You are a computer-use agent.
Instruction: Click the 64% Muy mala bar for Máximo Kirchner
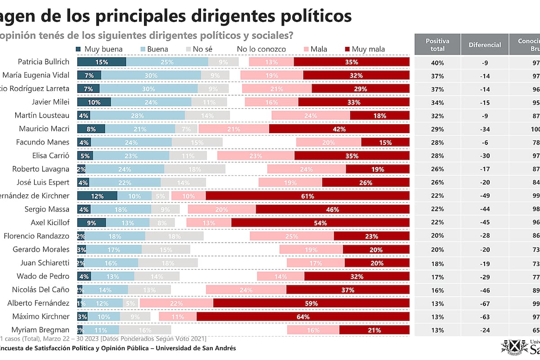303,317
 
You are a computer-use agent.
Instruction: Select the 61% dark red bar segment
307,196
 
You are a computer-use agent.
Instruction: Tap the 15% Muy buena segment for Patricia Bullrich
102,62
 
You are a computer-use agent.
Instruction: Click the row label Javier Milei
51,102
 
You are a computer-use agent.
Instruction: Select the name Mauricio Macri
44,129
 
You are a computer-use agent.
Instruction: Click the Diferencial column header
485,45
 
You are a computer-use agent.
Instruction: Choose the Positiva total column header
437,45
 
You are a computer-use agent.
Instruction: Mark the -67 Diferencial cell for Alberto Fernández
485,304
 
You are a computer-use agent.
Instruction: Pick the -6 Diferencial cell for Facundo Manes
485,143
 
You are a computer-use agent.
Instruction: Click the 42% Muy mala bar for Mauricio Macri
339,129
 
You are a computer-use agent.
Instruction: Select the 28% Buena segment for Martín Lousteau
137,116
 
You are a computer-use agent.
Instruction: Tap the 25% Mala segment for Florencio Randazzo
292,236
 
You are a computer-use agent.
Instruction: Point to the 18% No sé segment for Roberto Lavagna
194,169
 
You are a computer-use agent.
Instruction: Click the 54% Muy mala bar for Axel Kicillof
320,223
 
